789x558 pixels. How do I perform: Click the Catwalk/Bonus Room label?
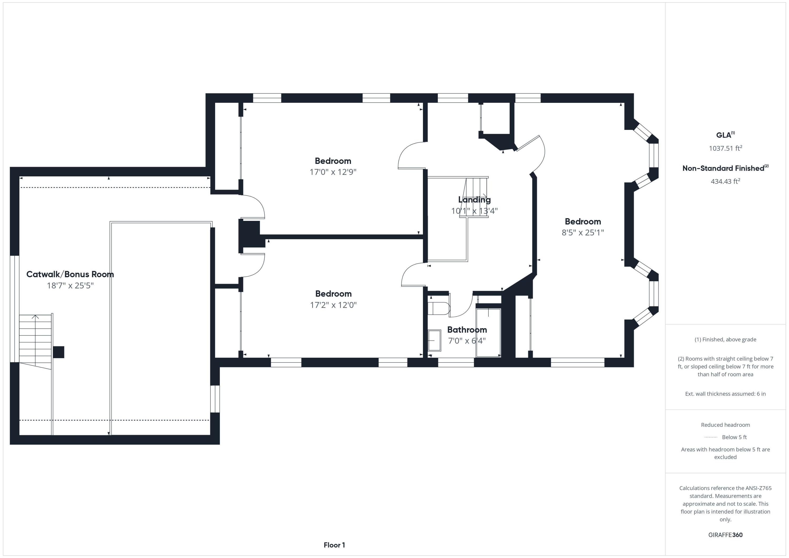click(x=70, y=274)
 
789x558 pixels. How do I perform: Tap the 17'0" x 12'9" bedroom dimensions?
click(x=333, y=172)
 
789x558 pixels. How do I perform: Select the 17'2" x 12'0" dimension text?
click(x=333, y=305)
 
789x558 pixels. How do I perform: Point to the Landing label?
click(x=474, y=199)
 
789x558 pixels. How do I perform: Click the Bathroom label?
click(x=467, y=329)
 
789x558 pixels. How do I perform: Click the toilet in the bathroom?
click(x=439, y=308)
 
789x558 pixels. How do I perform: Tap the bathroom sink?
click(x=434, y=340)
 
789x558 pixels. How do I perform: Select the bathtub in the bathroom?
click(x=488, y=333)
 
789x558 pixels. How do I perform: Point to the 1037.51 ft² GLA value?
click(x=725, y=148)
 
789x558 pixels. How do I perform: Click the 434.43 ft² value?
click(x=725, y=181)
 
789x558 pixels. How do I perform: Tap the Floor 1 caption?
click(x=334, y=545)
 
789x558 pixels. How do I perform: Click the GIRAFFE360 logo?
click(x=725, y=535)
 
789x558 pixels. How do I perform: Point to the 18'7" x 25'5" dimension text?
click(x=70, y=286)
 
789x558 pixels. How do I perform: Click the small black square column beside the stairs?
click(x=58, y=352)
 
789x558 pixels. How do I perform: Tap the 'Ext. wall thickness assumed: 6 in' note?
click(x=725, y=394)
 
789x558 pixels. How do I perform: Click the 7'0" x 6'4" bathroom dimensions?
click(x=467, y=341)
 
